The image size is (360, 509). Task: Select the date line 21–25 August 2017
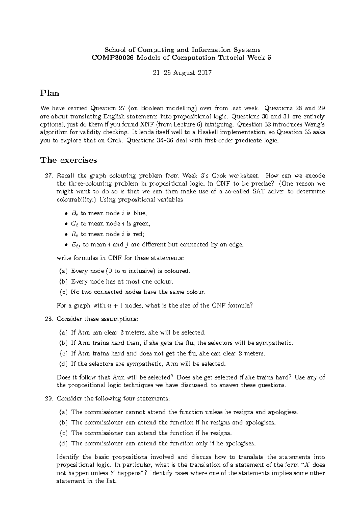[x=182, y=73]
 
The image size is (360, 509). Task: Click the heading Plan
[x=50, y=93]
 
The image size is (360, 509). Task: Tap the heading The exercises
[x=69, y=160]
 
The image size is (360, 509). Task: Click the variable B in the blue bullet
[x=74, y=213]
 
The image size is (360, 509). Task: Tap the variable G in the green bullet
[x=74, y=224]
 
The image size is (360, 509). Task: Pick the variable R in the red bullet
[x=74, y=234]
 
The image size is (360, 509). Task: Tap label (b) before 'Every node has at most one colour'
[x=63, y=282]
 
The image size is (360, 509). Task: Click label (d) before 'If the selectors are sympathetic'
[x=63, y=364]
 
